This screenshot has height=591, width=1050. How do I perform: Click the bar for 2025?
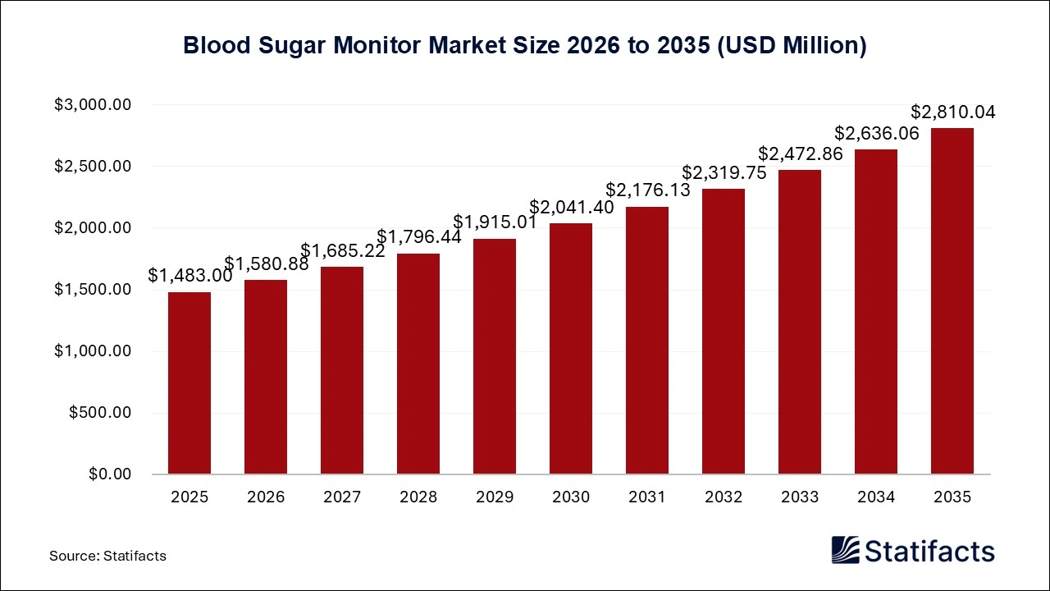coord(189,383)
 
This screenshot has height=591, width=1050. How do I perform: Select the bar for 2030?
coord(571,349)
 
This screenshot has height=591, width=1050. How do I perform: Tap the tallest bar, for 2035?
coord(952,301)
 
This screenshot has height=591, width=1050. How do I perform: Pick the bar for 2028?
coord(418,364)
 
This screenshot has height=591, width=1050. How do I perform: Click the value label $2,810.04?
coord(953,112)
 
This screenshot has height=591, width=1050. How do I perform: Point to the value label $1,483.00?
coord(190,276)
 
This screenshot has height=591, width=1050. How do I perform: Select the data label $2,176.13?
coord(648,190)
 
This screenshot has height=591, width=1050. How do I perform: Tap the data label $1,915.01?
coord(495,222)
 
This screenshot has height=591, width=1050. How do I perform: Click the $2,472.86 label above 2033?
coord(801,153)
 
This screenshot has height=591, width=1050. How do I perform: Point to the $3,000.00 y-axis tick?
coord(93,105)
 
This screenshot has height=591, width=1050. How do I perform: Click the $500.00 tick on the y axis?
coord(100,413)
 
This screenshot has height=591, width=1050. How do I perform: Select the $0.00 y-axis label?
coord(108,474)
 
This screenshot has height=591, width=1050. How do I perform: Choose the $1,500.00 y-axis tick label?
coord(93,290)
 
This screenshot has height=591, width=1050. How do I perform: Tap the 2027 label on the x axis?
coord(342,497)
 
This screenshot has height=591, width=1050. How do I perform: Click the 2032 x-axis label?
coord(724,497)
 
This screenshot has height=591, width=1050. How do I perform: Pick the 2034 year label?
coord(876,497)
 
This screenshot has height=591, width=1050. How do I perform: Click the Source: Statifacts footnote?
coord(107,556)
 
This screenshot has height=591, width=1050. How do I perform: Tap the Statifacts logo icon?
coord(845,551)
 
